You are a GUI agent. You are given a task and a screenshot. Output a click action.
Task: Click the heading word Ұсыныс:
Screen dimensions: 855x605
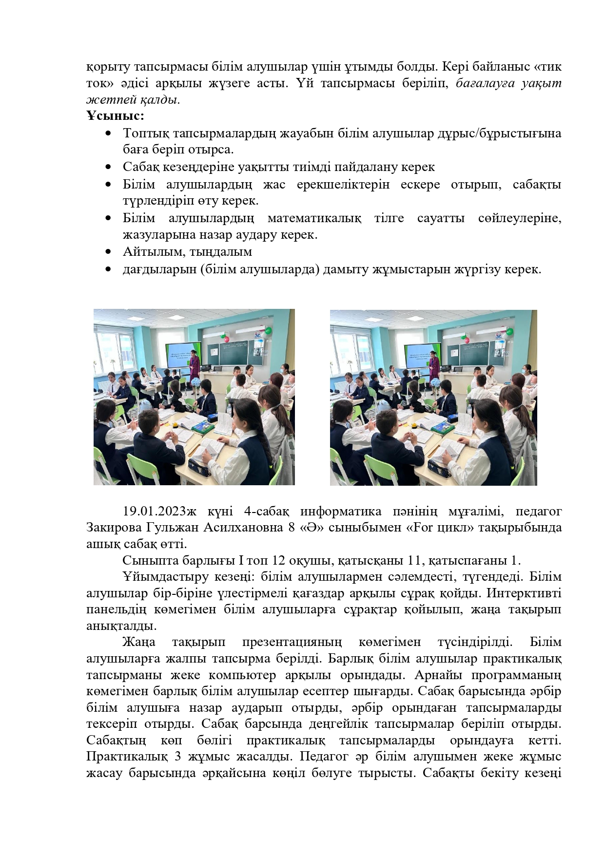[x=115, y=116]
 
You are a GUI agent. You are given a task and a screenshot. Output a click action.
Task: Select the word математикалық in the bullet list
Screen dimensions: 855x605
[x=314, y=218]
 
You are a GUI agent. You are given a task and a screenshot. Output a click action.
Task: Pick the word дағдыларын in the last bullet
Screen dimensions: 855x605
[x=159, y=269]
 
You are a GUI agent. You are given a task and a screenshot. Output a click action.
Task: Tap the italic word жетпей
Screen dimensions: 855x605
[x=108, y=100]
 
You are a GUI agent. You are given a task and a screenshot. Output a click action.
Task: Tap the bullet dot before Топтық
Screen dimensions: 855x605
[x=108, y=133]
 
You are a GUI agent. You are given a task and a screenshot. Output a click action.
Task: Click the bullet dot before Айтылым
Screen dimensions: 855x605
[x=108, y=252]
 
